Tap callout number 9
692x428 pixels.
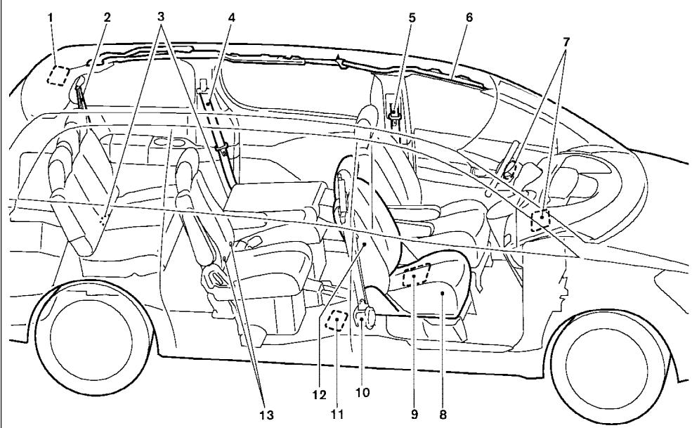(x=414, y=414)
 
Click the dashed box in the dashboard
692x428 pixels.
(x=540, y=221)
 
